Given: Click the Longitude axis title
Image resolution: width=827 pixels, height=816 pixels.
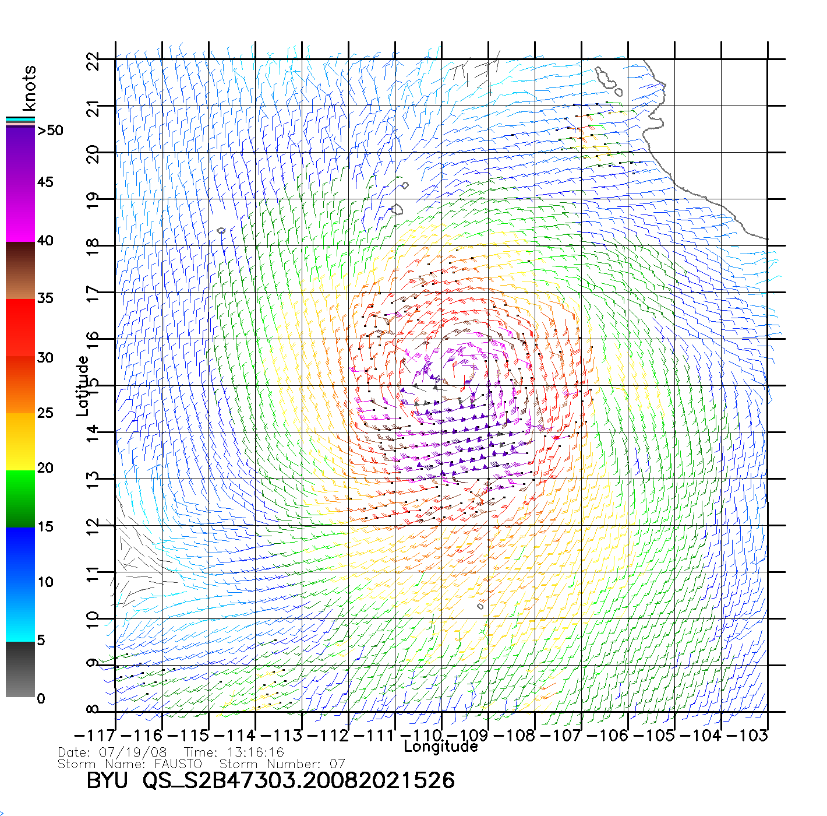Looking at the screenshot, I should (x=441, y=747).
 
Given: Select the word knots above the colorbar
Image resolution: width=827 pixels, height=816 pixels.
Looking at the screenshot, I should (x=29, y=88).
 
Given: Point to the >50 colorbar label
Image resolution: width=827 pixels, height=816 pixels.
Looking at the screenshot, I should (x=50, y=131).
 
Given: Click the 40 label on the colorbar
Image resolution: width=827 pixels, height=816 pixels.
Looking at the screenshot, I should (x=45, y=241).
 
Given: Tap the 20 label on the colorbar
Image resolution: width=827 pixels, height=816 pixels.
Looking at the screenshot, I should (x=45, y=468).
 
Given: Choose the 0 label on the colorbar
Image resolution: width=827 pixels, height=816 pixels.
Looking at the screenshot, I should (x=41, y=698).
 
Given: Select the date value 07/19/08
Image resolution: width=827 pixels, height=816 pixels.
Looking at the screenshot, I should (x=133, y=752).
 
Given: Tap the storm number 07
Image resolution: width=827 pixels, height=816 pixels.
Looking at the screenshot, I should (x=338, y=764).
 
